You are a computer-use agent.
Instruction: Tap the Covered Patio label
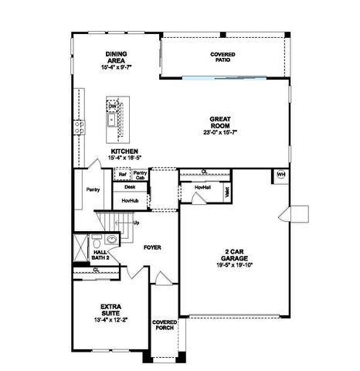tap(222, 57)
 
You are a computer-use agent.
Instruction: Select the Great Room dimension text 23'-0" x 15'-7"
tap(222, 132)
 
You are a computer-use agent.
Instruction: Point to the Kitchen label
tap(124, 151)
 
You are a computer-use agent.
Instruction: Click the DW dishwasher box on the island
tap(112, 105)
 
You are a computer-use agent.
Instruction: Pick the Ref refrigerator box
tap(122, 175)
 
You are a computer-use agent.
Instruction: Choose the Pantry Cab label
tap(140, 175)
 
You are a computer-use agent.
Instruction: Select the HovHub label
tap(130, 201)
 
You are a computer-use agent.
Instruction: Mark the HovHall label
tap(202, 188)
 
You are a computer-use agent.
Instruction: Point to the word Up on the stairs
tap(137, 223)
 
